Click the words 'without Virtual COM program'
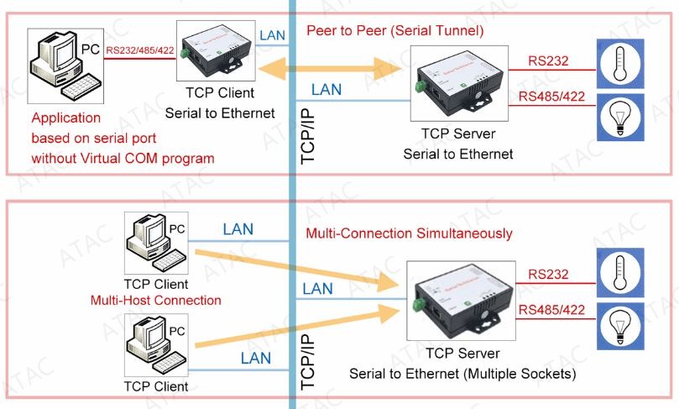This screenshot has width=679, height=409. click(x=122, y=158)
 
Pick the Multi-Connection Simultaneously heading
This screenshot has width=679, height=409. click(x=409, y=233)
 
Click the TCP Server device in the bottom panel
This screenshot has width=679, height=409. click(x=462, y=299)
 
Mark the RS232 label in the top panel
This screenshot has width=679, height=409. click(x=548, y=61)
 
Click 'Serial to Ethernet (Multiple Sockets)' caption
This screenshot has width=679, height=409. click(x=462, y=372)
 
